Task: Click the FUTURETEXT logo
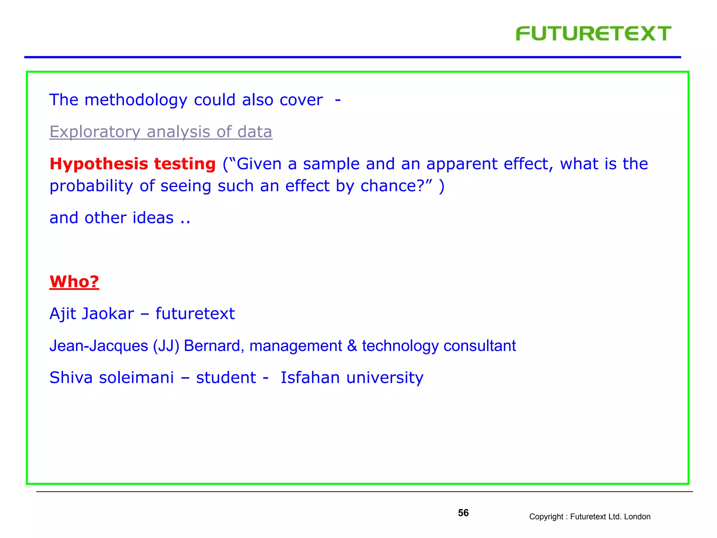tap(593, 34)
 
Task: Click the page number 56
tap(463, 513)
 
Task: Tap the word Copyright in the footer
tap(546, 517)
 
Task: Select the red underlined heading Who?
tap(74, 282)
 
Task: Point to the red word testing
tap(185, 164)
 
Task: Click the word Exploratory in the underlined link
tap(95, 132)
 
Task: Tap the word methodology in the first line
tap(136, 100)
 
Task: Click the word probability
tap(91, 186)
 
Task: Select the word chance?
tap(396, 186)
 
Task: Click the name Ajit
tap(63, 314)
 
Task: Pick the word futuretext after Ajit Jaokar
tap(195, 314)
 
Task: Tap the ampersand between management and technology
tap(352, 346)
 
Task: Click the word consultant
tap(479, 346)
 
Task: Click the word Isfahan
tap(310, 378)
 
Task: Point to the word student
tap(226, 378)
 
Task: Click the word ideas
tap(153, 218)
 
